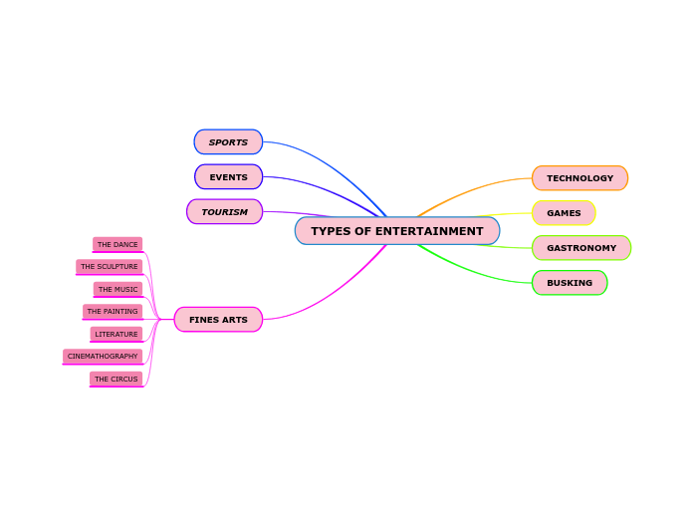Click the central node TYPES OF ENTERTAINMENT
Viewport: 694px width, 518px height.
396,231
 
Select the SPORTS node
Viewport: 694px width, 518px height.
228,142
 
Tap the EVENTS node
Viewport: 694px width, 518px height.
228,177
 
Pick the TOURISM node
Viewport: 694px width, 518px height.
224,212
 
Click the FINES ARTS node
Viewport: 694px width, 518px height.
218,320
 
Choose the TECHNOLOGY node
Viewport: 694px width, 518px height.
579,178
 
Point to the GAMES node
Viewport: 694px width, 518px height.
564,213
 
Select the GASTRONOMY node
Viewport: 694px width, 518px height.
580,248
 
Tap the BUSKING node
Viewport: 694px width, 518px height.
569,283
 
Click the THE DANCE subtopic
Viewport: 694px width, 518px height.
117,244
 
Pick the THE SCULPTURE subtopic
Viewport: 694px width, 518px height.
109,267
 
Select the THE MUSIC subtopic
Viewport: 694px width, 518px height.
117,289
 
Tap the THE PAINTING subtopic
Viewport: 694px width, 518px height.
113,312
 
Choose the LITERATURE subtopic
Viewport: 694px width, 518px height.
116,334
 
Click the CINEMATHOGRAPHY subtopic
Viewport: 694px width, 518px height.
103,357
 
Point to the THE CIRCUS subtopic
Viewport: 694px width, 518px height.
116,379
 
